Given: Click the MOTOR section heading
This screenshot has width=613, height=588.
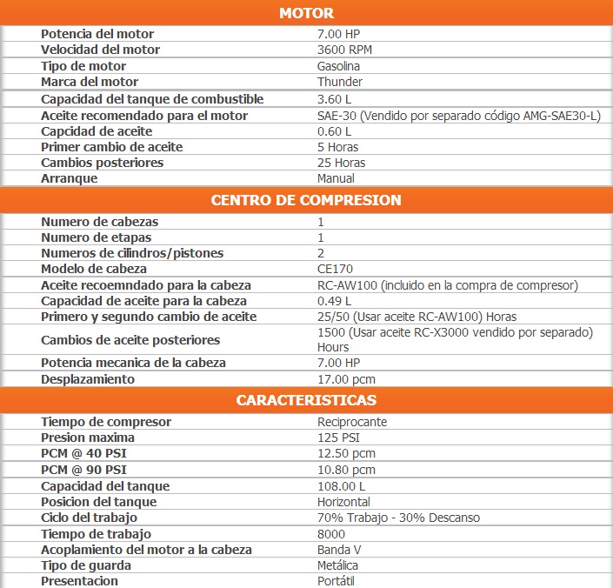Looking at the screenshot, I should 306,13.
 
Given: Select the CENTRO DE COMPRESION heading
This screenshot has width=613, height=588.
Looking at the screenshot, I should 306,200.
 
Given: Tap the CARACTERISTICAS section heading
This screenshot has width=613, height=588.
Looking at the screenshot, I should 306,400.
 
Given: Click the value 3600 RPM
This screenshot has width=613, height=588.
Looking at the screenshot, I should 344,50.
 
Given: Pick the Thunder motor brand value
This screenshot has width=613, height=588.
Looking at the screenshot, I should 340,82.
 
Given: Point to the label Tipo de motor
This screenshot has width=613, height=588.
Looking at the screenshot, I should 83,66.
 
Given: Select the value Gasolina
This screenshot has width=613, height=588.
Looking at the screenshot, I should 339,66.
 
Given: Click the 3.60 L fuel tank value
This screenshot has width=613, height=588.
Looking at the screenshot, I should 335,99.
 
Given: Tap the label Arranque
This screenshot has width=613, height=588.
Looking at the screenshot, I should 70,178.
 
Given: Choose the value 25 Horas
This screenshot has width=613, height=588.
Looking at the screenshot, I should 342,163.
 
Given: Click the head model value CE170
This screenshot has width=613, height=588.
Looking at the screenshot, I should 335,269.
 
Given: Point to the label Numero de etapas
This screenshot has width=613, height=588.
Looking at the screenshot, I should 97,237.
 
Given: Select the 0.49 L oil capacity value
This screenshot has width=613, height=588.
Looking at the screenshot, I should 335,301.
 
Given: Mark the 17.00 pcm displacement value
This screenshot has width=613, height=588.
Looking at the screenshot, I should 346,379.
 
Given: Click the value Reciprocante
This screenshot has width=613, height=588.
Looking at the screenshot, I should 352,422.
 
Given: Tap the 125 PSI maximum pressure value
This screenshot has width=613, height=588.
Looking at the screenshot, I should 337,438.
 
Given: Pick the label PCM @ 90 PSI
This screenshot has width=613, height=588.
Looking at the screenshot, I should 90,470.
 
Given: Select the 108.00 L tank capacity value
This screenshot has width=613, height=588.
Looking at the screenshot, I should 342,486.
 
